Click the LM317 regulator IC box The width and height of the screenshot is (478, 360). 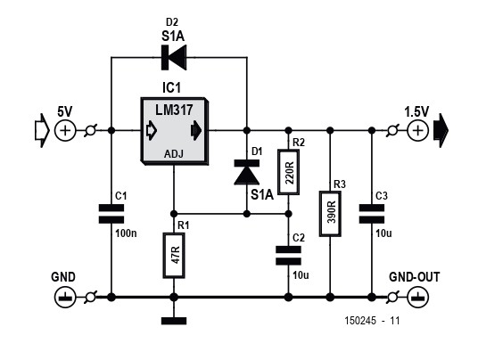[175, 131]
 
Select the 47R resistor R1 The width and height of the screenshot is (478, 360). [174, 256]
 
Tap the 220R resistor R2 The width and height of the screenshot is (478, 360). [288, 172]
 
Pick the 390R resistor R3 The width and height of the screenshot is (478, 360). [330, 214]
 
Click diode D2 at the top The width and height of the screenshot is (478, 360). [174, 57]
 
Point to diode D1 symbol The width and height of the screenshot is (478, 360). [247, 172]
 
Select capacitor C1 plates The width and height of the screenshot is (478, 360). [111, 214]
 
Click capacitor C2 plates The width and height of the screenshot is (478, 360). [288, 256]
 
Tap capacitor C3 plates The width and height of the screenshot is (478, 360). [372, 214]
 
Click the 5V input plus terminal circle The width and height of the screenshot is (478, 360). [65, 131]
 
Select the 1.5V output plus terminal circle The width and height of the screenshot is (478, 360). [418, 131]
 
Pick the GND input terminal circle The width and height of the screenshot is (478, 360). [65, 297]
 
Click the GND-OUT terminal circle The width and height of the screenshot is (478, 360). [418, 297]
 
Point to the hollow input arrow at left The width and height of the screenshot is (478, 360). [42, 131]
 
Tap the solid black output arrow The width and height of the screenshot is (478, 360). [441, 131]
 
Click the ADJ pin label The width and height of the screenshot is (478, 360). [174, 154]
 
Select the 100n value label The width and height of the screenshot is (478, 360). [127, 233]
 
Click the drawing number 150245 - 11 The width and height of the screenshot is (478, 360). [372, 321]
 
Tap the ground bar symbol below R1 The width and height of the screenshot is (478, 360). [174, 321]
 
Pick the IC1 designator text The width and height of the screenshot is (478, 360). [171, 87]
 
